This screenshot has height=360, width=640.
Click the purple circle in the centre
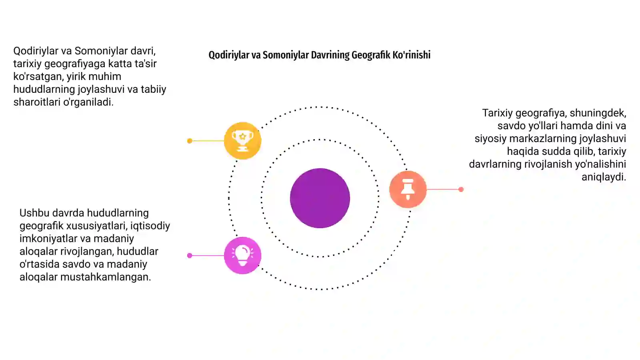[320, 198]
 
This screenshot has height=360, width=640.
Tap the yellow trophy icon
[242, 140]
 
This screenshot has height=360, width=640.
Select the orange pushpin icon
[408, 189]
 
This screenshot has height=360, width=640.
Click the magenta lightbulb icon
[242, 256]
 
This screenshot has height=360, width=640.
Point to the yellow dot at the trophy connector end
[190, 141]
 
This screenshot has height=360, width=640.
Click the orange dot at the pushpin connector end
[461, 190]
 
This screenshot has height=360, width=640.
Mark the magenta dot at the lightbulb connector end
[190, 256]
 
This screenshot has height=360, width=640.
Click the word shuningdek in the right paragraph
[598, 113]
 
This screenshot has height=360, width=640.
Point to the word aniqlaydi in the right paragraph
[604, 177]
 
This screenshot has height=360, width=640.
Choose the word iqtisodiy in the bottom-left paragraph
[150, 226]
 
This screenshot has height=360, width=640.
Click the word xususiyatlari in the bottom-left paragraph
[97, 226]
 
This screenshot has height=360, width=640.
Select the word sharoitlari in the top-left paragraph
[37, 102]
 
